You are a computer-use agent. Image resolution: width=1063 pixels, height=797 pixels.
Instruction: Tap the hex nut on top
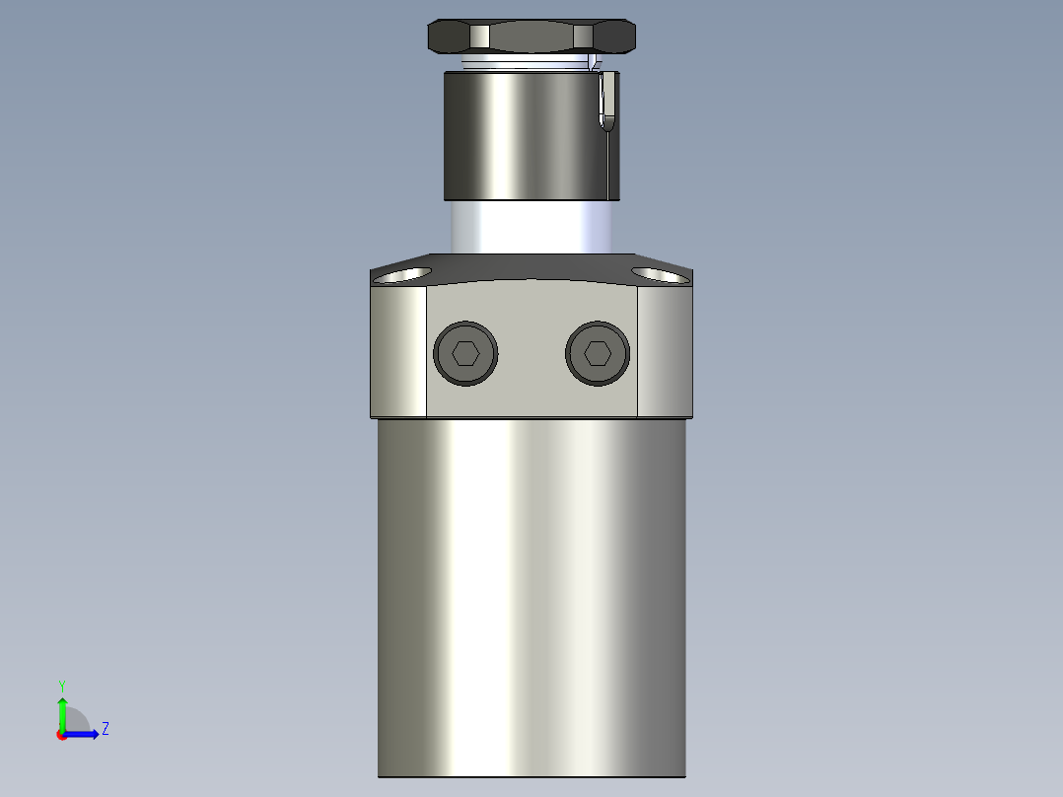point(531,37)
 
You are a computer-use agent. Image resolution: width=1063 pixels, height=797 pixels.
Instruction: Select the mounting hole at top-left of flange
point(404,273)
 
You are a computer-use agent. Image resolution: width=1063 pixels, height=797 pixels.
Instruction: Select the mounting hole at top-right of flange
point(659,273)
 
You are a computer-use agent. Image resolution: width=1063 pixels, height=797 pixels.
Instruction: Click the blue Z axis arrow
point(83,734)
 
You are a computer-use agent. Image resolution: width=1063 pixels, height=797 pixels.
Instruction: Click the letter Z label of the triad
point(105,729)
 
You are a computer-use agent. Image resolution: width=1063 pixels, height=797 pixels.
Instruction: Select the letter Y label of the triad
point(61,685)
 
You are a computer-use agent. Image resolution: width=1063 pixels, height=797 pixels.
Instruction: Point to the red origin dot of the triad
point(62,735)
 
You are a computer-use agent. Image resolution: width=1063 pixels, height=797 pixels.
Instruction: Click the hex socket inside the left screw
point(465,353)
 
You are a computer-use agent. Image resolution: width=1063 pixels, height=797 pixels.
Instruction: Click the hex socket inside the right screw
point(599,353)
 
